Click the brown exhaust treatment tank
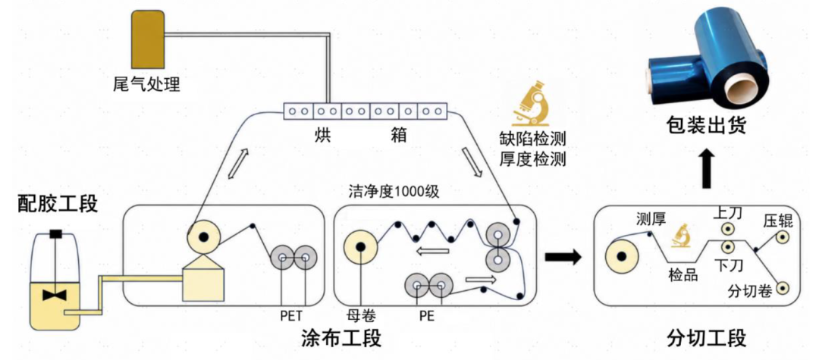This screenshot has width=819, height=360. [x=148, y=39]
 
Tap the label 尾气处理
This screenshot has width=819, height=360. [x=147, y=83]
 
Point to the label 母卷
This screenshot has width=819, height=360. [x=360, y=315]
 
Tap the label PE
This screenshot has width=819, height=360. [x=427, y=315]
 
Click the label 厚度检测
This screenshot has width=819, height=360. [x=533, y=158]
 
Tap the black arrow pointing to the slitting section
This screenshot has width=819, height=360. [x=563, y=256]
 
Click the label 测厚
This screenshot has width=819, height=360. [x=651, y=219]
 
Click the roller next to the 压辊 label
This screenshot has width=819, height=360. [x=782, y=237]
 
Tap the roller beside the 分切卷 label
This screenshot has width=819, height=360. [x=782, y=287]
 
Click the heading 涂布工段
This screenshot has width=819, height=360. [x=340, y=339]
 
